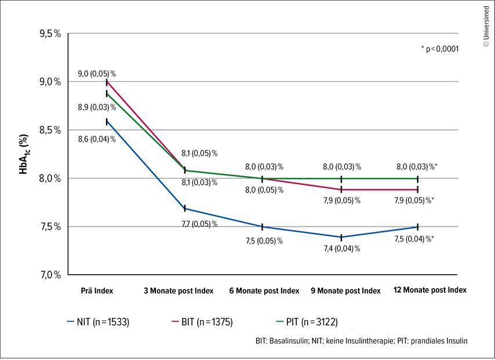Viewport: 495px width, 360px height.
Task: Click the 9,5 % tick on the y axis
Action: (x=50, y=34)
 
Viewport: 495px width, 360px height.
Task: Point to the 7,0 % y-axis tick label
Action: (x=50, y=275)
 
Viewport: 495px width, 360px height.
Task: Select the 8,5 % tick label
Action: (x=50, y=130)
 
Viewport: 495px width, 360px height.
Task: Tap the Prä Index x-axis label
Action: (x=97, y=290)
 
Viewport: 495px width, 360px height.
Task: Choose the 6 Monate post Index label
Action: (x=264, y=290)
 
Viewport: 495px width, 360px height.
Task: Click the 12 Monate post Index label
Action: (x=430, y=290)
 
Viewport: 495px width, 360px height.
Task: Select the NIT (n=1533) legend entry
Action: (x=98, y=322)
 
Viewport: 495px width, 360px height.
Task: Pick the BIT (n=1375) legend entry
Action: (x=202, y=322)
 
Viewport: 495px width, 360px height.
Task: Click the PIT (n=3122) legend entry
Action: (x=307, y=322)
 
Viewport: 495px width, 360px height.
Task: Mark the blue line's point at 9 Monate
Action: (x=341, y=237)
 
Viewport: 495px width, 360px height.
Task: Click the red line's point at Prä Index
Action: (x=107, y=82)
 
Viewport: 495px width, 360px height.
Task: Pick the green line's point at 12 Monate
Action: (x=418, y=179)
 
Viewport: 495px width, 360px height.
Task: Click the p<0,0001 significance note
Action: (x=440, y=49)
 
